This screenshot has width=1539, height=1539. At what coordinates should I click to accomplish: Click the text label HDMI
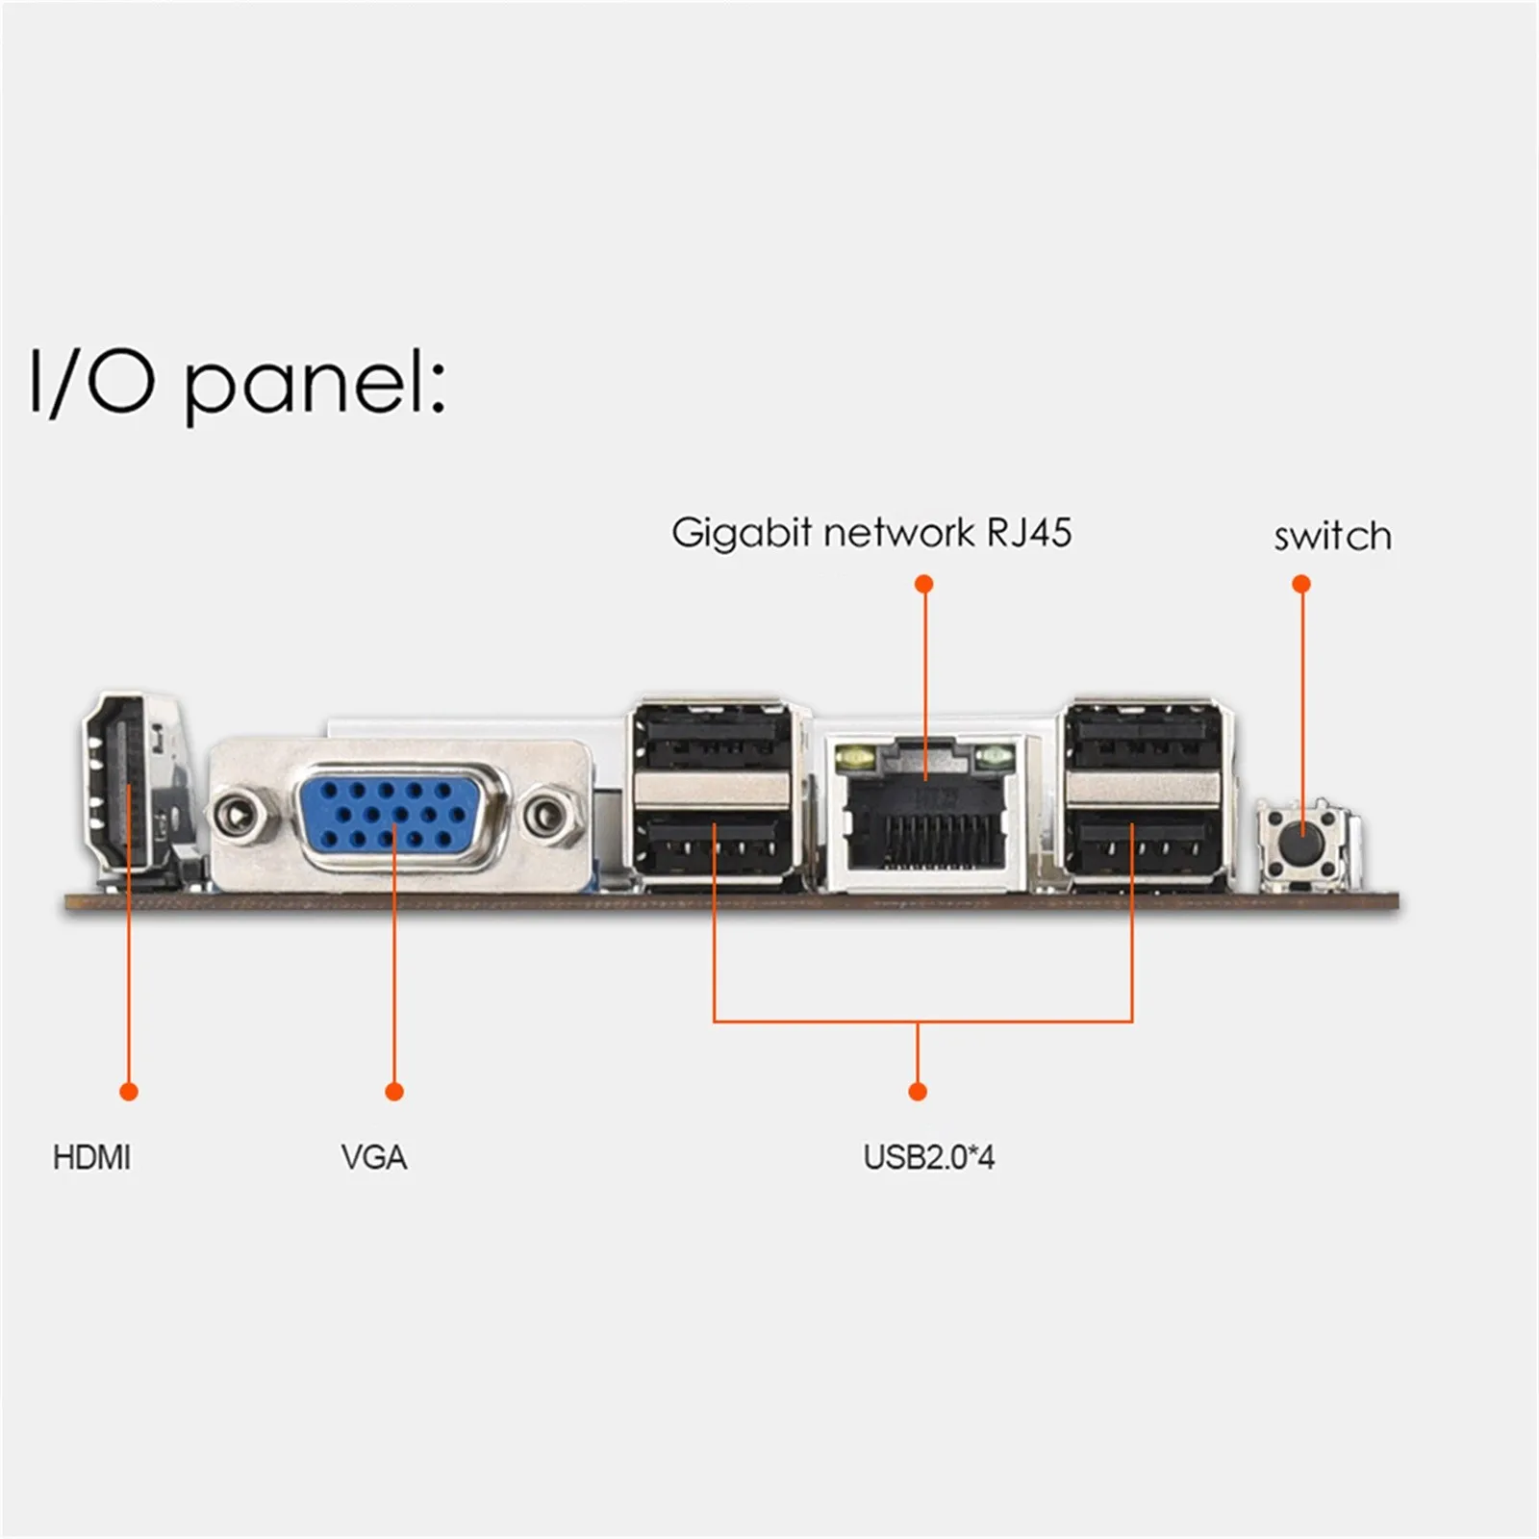point(91,1157)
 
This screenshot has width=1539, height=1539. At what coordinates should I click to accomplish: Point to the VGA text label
point(373,1157)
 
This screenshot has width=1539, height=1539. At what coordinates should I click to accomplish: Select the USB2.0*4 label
point(928,1157)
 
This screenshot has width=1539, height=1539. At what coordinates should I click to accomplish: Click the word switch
point(1332,537)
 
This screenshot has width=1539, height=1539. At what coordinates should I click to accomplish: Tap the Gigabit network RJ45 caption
point(871,532)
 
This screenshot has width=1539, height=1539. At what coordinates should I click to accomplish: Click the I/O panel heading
point(237,382)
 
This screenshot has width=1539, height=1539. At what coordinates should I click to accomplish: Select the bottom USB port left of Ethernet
point(713,844)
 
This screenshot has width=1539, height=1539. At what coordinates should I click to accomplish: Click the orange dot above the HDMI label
point(128,1091)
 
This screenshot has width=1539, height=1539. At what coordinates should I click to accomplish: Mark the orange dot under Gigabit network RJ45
point(923,584)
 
